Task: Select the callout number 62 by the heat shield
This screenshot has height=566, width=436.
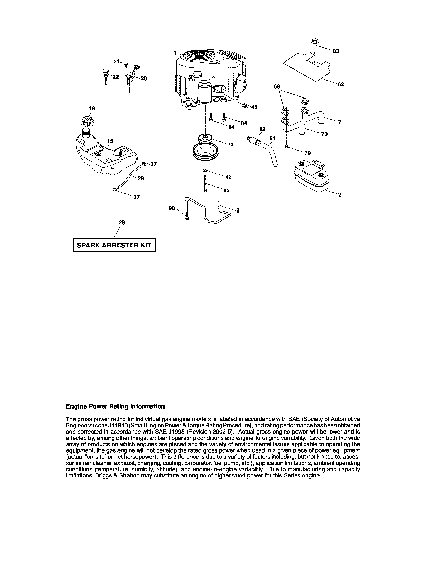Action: [x=341, y=84]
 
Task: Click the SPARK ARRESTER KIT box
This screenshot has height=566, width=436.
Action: [x=114, y=245]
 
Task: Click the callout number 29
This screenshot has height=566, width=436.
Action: [x=122, y=222]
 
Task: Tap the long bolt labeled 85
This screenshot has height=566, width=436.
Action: [x=205, y=183]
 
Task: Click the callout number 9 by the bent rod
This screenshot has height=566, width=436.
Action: [x=238, y=211]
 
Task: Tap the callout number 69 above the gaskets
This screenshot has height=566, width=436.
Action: [x=277, y=86]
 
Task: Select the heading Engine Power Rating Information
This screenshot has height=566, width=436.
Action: [x=115, y=406]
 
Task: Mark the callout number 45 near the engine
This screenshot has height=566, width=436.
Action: [x=254, y=107]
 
